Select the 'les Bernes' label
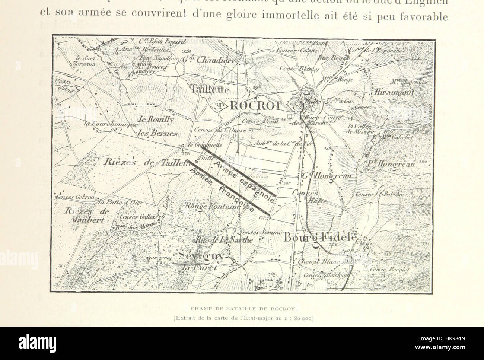(152, 133)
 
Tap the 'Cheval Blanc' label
(318, 262)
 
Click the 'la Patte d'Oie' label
(112, 203)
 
